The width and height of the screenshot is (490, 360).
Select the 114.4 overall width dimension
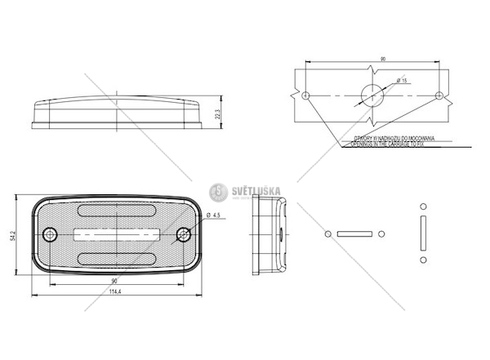(114, 292)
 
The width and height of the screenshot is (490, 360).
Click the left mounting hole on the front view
(51, 235)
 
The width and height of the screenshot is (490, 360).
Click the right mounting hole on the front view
(182, 235)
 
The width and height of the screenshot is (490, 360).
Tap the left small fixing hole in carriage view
(305, 96)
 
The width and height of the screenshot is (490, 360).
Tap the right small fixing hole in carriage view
(440, 96)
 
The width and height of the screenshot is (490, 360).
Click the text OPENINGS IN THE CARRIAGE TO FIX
(387, 143)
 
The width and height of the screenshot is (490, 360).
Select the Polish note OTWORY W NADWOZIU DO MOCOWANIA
(387, 137)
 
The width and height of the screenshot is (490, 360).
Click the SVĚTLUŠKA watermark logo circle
(218, 193)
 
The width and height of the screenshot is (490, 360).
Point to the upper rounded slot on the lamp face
(117, 211)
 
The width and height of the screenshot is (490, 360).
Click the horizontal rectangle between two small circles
(354, 234)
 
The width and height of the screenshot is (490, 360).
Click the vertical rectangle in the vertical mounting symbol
(423, 233)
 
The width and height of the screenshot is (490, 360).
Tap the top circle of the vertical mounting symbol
(423, 206)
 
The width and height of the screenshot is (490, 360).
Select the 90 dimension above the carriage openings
(382, 60)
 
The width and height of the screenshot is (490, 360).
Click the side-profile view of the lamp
(269, 235)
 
